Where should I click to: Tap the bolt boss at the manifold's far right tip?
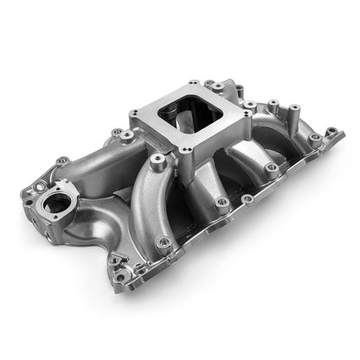[331, 132]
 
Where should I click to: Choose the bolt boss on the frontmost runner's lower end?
[162, 241]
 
